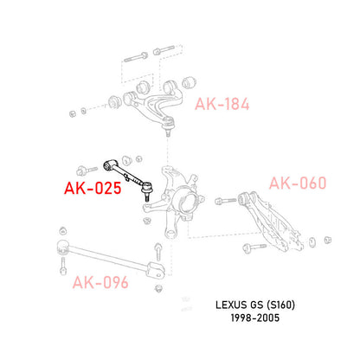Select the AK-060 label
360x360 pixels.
pyautogui.click(x=299, y=183)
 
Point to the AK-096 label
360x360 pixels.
pyautogui.click(x=101, y=281)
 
